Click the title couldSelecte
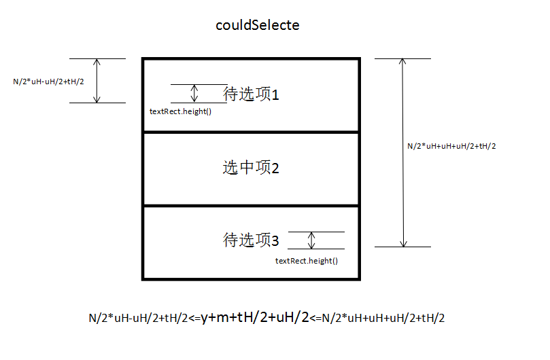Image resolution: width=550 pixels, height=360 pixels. pos(257,25)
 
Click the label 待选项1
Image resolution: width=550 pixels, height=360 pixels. pos(251,94)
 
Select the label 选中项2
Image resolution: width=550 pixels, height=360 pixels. pos(251,168)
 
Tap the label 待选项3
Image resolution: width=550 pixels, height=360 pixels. pos(251,240)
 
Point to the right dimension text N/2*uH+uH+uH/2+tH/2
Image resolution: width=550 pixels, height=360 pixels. pos(451,146)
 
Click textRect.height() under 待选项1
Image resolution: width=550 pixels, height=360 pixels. pos(180,111)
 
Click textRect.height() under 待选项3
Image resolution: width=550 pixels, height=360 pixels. pos(307,261)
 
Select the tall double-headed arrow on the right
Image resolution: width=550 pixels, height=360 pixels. pos(404,153)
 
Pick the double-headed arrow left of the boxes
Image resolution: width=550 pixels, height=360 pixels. pos(97,81)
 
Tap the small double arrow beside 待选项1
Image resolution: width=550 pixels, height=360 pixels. pos(195,94)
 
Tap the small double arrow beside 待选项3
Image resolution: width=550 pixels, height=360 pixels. pos(312,240)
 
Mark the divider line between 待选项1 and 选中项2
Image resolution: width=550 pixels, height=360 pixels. pos(251,132)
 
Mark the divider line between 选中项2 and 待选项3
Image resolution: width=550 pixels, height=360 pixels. pos(251,205)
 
